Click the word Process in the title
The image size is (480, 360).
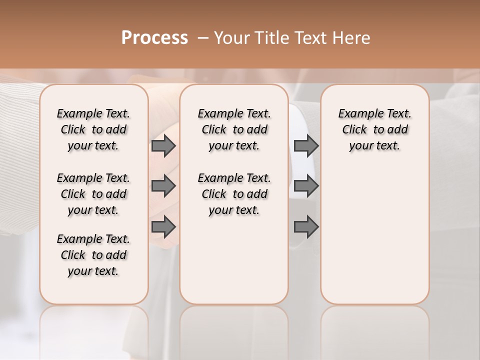[x=154, y=37]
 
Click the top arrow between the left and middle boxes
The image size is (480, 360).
[x=163, y=146]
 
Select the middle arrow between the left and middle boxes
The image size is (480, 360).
[x=163, y=186]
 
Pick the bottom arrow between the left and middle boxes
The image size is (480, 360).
[x=163, y=227]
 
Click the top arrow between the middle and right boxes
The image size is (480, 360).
[x=306, y=146]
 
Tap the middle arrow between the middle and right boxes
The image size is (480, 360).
[x=306, y=186]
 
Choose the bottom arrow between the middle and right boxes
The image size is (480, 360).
[x=306, y=227]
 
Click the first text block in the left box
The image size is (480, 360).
[x=93, y=129]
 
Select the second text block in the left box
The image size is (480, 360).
[x=93, y=194]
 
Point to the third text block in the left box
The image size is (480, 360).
[x=93, y=255]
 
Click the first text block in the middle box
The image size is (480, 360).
[x=234, y=129]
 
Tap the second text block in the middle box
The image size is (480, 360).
[x=234, y=194]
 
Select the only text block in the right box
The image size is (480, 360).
[x=374, y=129]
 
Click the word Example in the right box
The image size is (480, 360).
[x=359, y=114]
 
